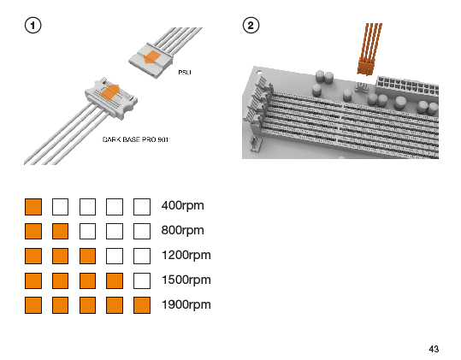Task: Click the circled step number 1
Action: click(x=33, y=26)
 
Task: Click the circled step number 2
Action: click(x=251, y=26)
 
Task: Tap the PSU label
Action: click(x=185, y=72)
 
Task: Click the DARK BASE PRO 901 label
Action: click(x=135, y=139)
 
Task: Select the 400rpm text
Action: click(x=182, y=206)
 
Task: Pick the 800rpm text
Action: click(x=182, y=230)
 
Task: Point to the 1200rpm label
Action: click(x=186, y=255)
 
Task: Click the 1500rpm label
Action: click(x=186, y=280)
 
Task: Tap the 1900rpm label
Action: click(x=186, y=304)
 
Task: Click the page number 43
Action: click(x=434, y=349)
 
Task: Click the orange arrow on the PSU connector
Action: click(x=151, y=57)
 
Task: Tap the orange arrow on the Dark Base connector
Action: click(x=110, y=92)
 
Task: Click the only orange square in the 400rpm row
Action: click(x=33, y=207)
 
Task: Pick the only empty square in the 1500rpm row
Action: click(x=142, y=281)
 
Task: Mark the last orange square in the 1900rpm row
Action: click(x=142, y=305)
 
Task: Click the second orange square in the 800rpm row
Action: click(x=60, y=231)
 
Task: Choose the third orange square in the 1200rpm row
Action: click(x=87, y=256)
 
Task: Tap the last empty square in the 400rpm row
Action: click(x=142, y=207)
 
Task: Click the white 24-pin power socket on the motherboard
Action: click(x=407, y=85)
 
